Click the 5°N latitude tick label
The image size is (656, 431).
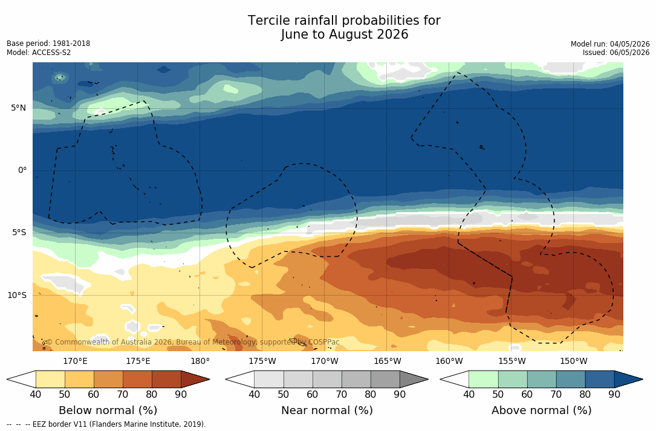18,108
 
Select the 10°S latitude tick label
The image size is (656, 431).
17,295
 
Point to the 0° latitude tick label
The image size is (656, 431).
22,170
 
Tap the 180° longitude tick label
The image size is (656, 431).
200,361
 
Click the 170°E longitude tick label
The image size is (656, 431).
76,361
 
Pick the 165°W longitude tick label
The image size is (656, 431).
388,361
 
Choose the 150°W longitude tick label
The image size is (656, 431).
574,361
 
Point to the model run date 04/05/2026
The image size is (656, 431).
629,44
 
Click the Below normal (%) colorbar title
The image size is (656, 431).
108,410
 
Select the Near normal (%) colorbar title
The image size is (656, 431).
326,410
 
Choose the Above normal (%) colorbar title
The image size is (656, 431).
541,410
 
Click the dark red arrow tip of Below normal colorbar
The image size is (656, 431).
209,379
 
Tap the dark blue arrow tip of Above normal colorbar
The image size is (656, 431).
642,379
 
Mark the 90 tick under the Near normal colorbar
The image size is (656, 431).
400,394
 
